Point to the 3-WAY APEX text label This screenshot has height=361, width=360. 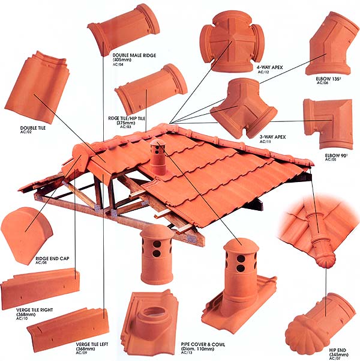coord(272,137)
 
